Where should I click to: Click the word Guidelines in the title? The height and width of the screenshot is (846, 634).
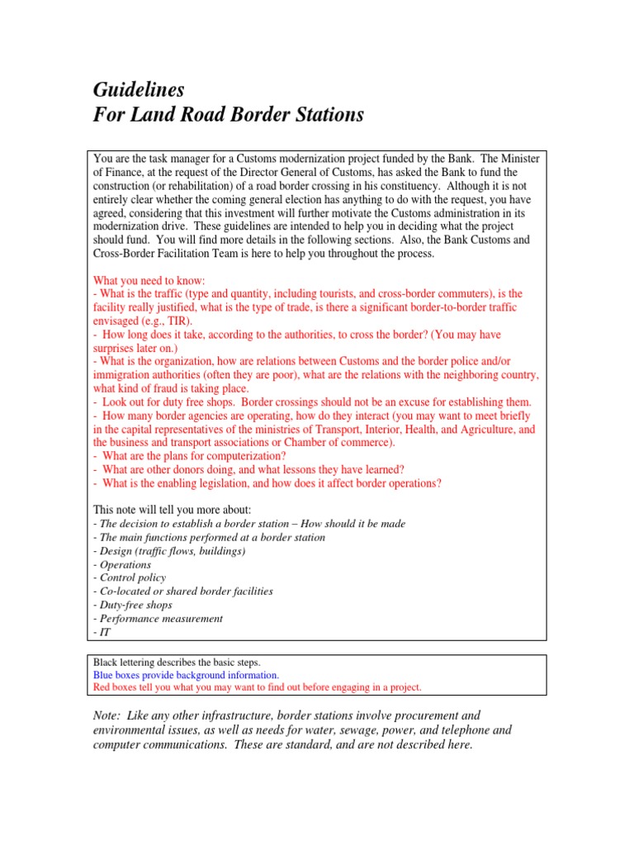click(x=138, y=89)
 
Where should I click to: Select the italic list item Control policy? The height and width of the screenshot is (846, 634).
click(x=132, y=577)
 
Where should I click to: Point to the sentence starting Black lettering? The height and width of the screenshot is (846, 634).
click(x=177, y=663)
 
